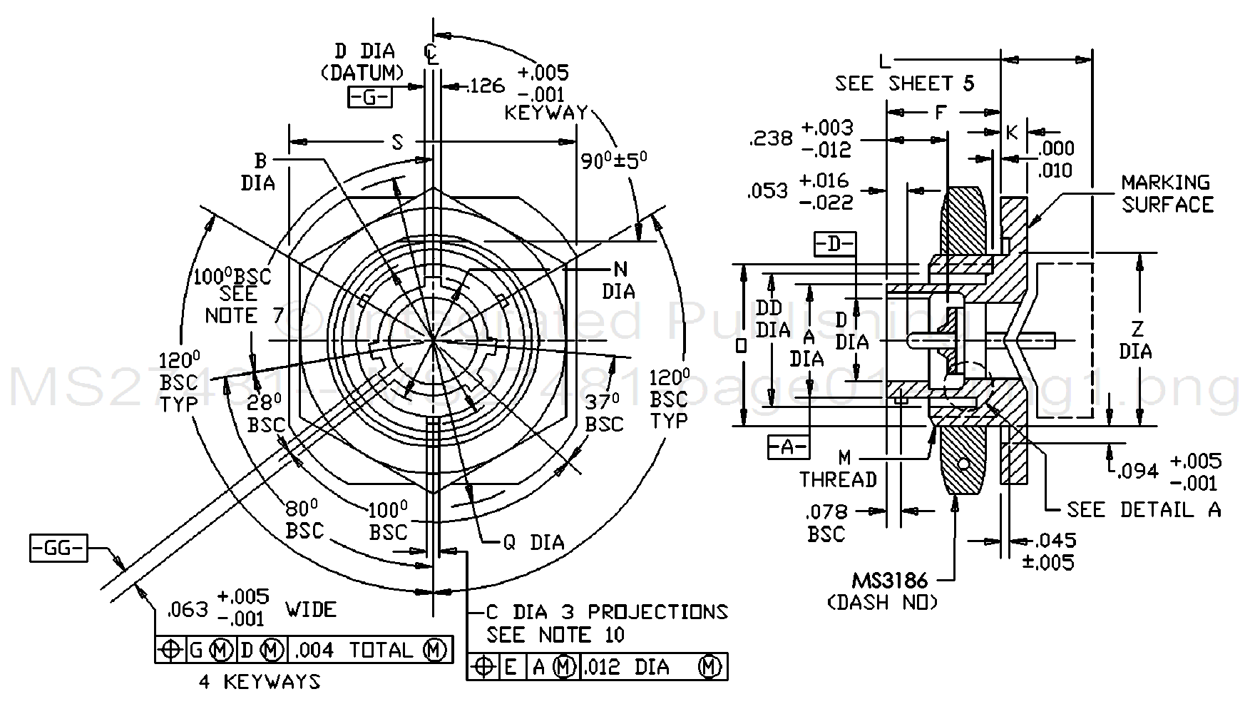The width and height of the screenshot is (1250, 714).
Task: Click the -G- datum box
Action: [x=369, y=97]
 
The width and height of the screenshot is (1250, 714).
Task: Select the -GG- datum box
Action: [x=58, y=549]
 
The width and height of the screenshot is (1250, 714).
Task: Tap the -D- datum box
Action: [x=834, y=244]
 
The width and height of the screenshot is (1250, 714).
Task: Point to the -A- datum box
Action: [x=788, y=447]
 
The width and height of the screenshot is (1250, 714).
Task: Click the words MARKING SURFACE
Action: [x=1167, y=194]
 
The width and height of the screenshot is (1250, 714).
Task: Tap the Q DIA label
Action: [x=533, y=543]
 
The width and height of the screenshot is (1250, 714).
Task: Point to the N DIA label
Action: [x=619, y=280]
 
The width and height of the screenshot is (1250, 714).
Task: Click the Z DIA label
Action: [x=1136, y=340]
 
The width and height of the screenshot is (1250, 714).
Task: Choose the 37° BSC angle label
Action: [x=605, y=413]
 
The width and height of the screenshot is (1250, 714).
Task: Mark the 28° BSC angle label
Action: [x=266, y=413]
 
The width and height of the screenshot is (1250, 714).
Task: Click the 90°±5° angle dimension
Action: [x=613, y=160]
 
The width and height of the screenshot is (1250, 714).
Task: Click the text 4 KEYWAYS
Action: [x=260, y=682]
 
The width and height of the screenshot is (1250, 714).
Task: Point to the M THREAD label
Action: [x=839, y=469]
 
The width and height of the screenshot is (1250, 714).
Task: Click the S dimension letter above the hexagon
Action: [x=397, y=142]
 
